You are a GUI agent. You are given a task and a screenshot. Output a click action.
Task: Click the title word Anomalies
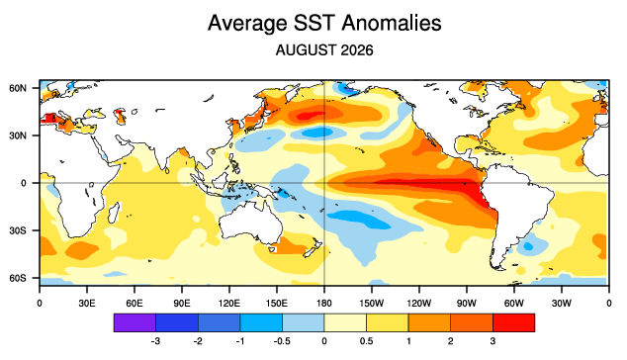click(391, 23)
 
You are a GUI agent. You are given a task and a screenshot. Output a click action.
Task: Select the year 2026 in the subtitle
click(357, 50)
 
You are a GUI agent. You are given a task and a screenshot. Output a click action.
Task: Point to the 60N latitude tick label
click(18, 88)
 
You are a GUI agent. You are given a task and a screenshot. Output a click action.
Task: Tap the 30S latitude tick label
click(18, 230)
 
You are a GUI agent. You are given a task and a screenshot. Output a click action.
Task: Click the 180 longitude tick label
click(324, 304)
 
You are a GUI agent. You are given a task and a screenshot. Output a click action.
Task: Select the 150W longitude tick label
click(372, 304)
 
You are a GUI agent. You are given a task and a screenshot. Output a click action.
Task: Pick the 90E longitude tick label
click(182, 304)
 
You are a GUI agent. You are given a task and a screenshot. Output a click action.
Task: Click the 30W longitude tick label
click(562, 304)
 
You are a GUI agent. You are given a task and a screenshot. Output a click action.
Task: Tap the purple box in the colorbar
click(134, 322)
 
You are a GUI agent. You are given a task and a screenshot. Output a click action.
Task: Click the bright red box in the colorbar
click(514, 322)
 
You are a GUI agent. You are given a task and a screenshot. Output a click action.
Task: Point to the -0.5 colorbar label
click(282, 341)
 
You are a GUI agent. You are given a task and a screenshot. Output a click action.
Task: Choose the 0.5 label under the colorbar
click(366, 341)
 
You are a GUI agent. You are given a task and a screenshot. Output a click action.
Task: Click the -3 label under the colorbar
click(155, 341)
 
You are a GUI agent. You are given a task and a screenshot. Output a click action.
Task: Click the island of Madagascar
click(114, 214)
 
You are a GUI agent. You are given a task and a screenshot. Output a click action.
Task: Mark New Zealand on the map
click(313, 247)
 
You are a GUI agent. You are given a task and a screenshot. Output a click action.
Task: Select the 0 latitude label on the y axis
click(24, 183)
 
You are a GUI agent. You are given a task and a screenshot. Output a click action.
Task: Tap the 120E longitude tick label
click(229, 304)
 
